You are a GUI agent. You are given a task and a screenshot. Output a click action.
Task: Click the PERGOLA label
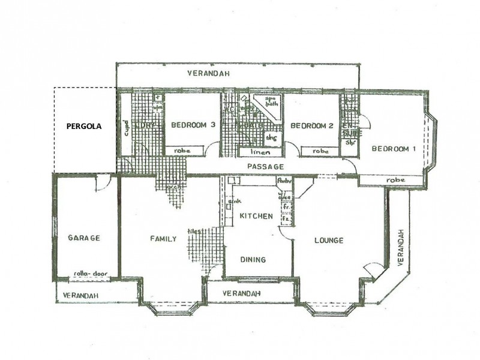83,127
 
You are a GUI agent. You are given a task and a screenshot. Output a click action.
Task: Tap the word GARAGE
83,238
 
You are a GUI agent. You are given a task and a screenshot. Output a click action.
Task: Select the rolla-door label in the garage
85,273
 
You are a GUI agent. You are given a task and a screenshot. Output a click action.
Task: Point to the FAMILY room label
163,239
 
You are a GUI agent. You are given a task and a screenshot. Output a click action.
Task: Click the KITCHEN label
256,216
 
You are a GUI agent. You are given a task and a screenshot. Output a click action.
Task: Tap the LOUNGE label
329,241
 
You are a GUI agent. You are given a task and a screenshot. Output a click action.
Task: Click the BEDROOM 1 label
394,149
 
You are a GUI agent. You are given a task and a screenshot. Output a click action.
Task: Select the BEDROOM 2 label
312,126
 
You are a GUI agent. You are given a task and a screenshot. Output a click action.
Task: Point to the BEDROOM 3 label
193,125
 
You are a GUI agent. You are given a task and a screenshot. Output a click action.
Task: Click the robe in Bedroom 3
182,151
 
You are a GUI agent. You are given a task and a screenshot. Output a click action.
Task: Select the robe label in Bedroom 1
396,179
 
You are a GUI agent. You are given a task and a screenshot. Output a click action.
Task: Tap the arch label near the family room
174,187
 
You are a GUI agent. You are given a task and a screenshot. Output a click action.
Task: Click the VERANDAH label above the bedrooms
208,74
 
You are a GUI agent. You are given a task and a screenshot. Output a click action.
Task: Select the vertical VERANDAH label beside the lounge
400,247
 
